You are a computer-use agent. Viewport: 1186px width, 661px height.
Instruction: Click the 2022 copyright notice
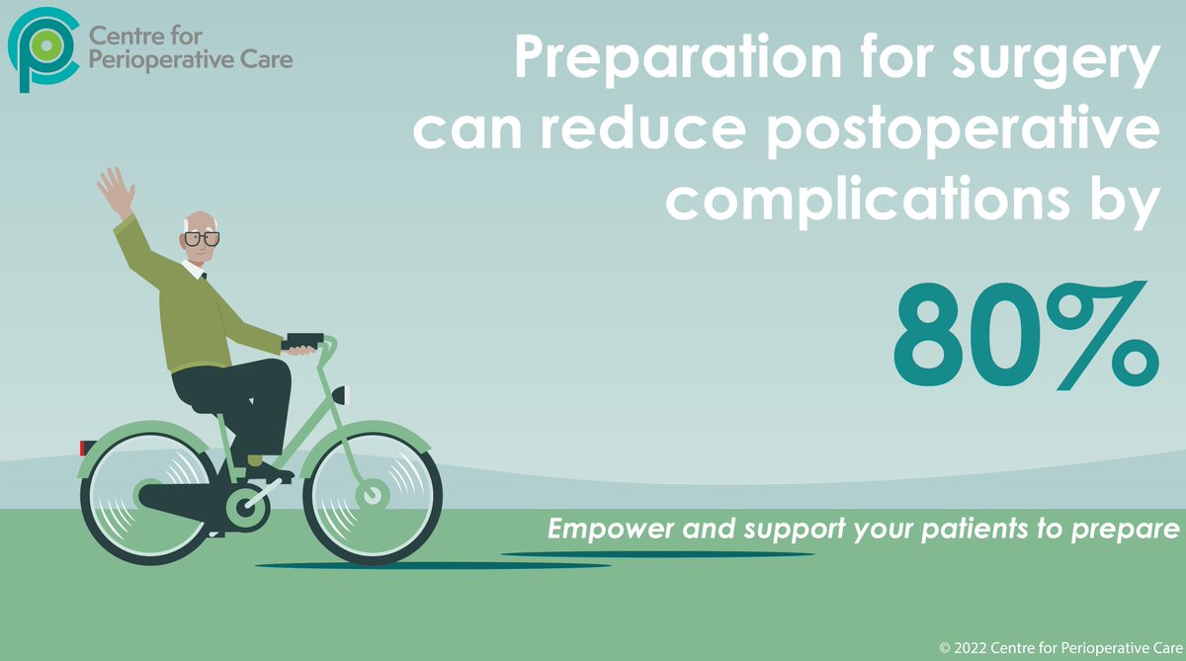(1058, 647)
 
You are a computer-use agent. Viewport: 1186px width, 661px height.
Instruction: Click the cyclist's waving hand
(116, 191)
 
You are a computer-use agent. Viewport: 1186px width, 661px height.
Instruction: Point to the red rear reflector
(84, 448)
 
